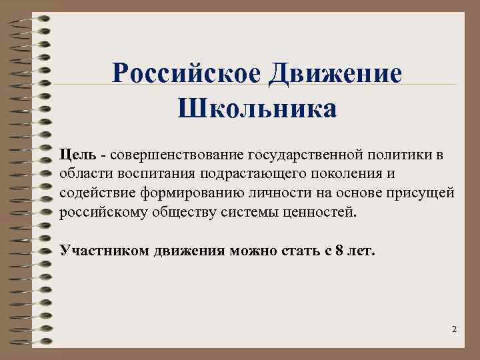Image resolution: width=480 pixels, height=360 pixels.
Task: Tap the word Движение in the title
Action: click(336, 72)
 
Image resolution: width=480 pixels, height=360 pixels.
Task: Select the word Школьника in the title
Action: click(257, 107)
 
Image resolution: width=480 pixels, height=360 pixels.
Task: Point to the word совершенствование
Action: click(174, 155)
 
